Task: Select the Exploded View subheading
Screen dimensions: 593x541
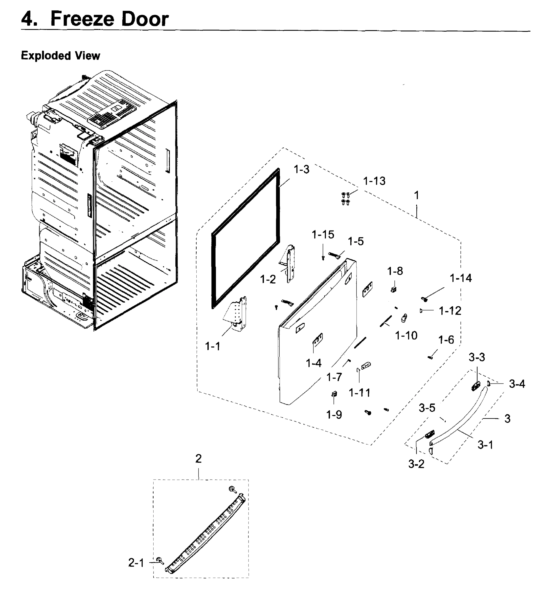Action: tap(60, 56)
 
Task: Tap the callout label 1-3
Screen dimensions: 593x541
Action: tap(301, 169)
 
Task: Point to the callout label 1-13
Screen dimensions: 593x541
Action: tap(374, 181)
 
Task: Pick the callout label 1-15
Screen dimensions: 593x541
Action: tap(323, 234)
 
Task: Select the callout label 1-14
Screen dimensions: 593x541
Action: tap(461, 278)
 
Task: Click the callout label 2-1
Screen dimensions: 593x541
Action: tap(136, 563)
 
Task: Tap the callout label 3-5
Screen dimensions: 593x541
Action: tap(427, 408)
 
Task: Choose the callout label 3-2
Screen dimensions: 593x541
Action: tap(416, 464)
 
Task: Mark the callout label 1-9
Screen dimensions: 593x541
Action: tap(334, 415)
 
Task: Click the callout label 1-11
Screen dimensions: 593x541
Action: tap(360, 392)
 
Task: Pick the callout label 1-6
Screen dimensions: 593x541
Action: tap(446, 340)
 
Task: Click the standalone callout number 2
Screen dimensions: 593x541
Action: tap(198, 459)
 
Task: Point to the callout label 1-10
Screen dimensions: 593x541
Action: tap(406, 335)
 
